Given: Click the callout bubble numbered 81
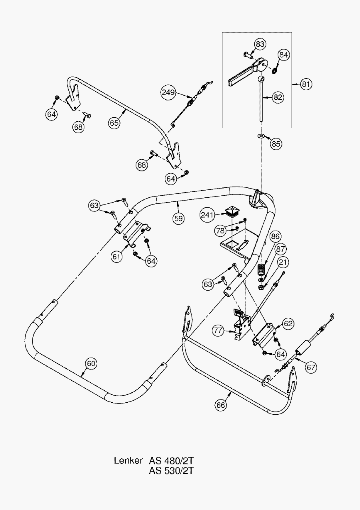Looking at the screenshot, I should [x=306, y=84].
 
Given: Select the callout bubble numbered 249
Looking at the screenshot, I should [x=168, y=92].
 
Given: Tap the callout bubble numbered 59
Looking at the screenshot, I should [x=178, y=218].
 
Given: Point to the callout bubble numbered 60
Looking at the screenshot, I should [x=91, y=363].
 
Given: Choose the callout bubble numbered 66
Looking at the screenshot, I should [x=221, y=405].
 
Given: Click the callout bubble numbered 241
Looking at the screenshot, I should [x=208, y=215].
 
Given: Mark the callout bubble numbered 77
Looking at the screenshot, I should [x=218, y=331].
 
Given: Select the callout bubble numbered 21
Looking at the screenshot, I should [x=283, y=262].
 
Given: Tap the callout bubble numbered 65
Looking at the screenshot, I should [x=114, y=122].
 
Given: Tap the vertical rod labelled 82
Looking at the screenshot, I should [x=260, y=100].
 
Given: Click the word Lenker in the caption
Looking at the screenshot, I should [x=128, y=460].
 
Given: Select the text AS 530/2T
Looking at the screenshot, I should [x=171, y=471].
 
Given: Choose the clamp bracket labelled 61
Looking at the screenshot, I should [x=135, y=234].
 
